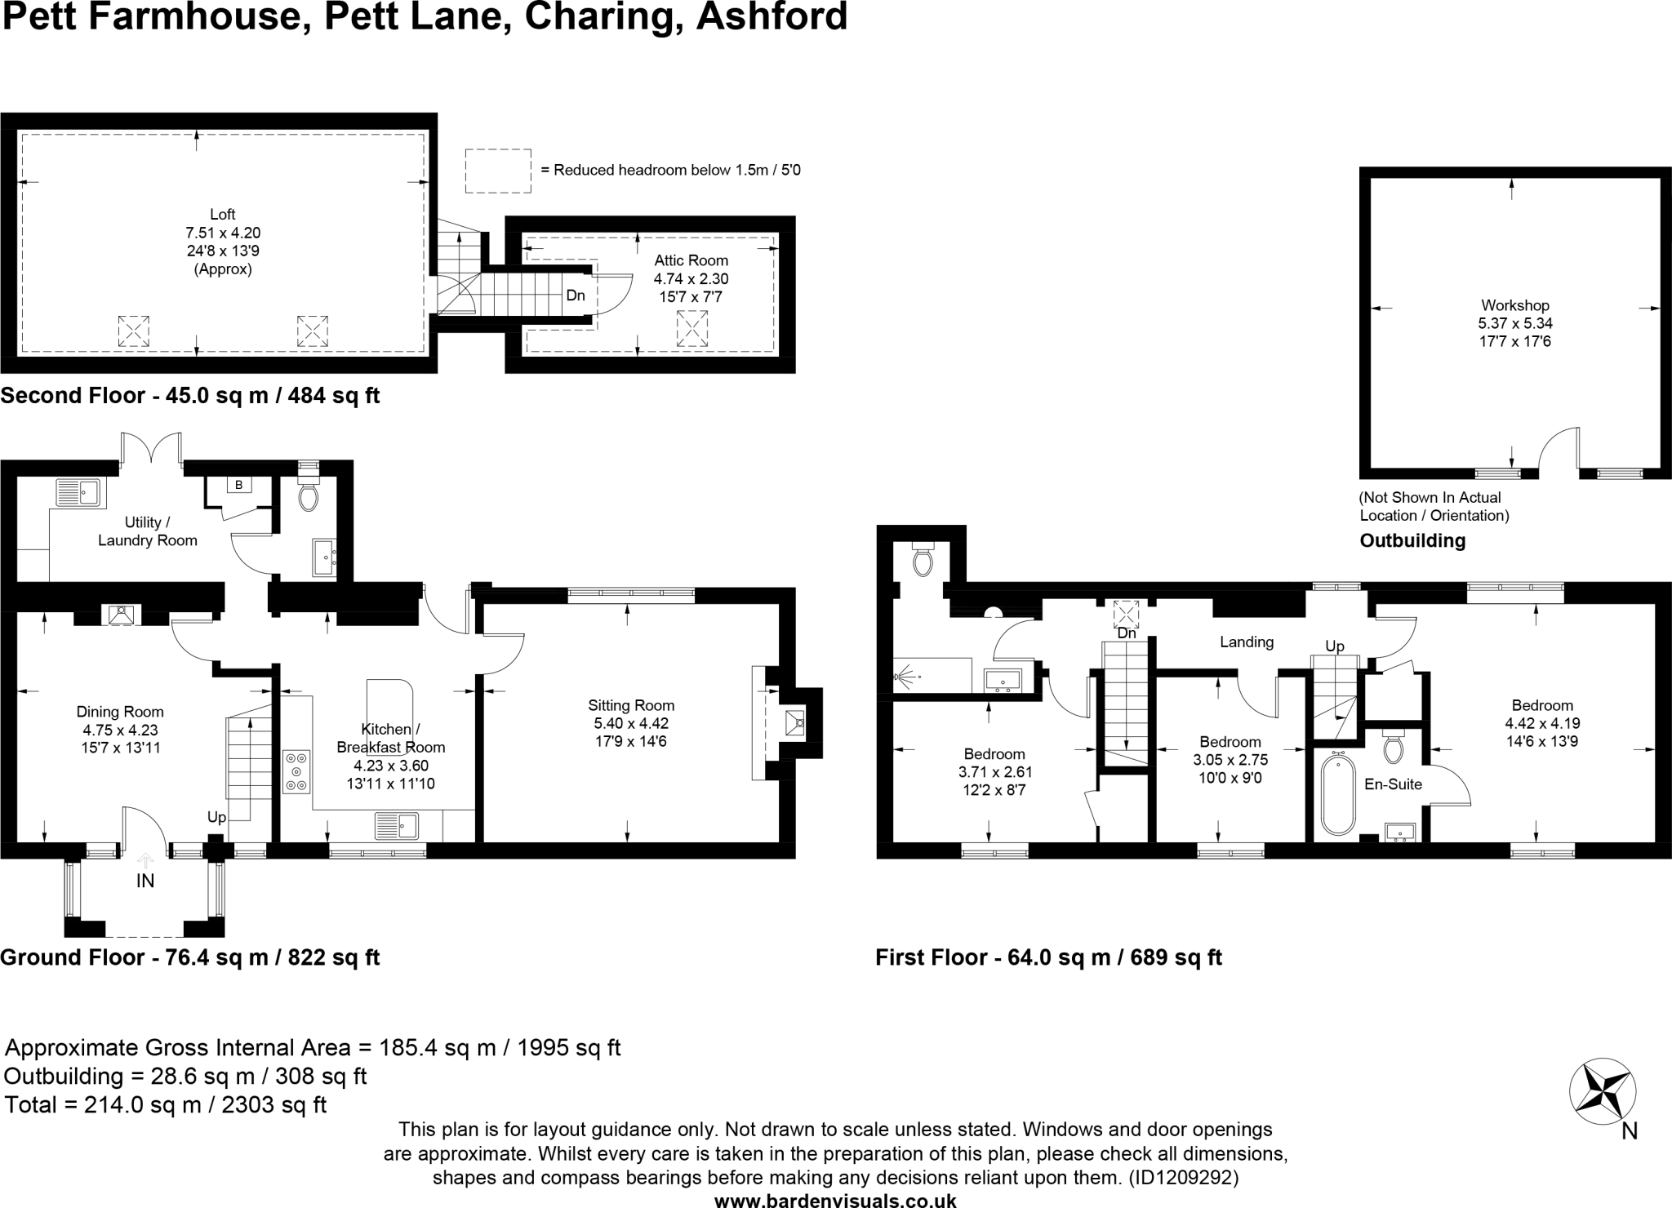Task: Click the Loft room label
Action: [x=222, y=215]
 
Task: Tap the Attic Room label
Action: [x=691, y=260]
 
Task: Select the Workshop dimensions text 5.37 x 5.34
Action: [x=1515, y=323]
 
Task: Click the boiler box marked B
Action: [x=239, y=485]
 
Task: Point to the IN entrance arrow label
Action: [x=145, y=881]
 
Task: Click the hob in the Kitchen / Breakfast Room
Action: [x=296, y=771]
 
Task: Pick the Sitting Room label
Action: [x=631, y=705]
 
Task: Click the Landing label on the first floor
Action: [x=1247, y=642]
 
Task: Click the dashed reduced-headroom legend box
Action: [x=498, y=171]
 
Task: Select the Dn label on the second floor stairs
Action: [x=576, y=295]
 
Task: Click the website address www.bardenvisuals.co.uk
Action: [x=835, y=1200]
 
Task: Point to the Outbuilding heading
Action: [x=1412, y=540]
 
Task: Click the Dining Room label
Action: [x=120, y=712]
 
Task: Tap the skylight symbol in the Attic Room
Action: [x=691, y=331]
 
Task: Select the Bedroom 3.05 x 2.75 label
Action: [x=1230, y=742]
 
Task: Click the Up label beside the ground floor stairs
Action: [x=216, y=817]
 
